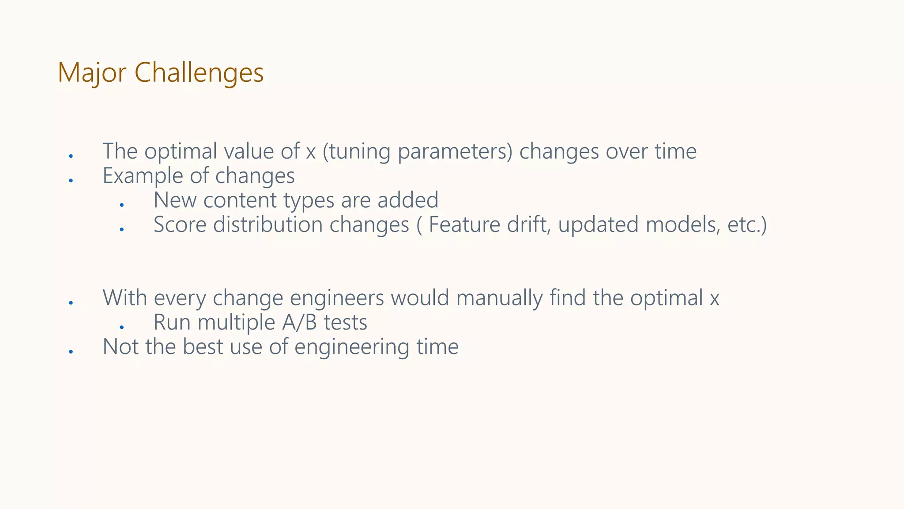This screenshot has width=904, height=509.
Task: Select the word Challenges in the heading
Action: (x=199, y=73)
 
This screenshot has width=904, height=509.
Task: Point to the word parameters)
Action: (x=455, y=152)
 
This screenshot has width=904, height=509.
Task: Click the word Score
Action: (x=180, y=224)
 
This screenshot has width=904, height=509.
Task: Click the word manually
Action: (x=499, y=298)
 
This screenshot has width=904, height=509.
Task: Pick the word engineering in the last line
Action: (x=352, y=347)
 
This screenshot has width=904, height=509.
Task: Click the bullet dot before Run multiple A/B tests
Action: (x=122, y=327)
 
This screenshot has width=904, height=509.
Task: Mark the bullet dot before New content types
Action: (x=122, y=205)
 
